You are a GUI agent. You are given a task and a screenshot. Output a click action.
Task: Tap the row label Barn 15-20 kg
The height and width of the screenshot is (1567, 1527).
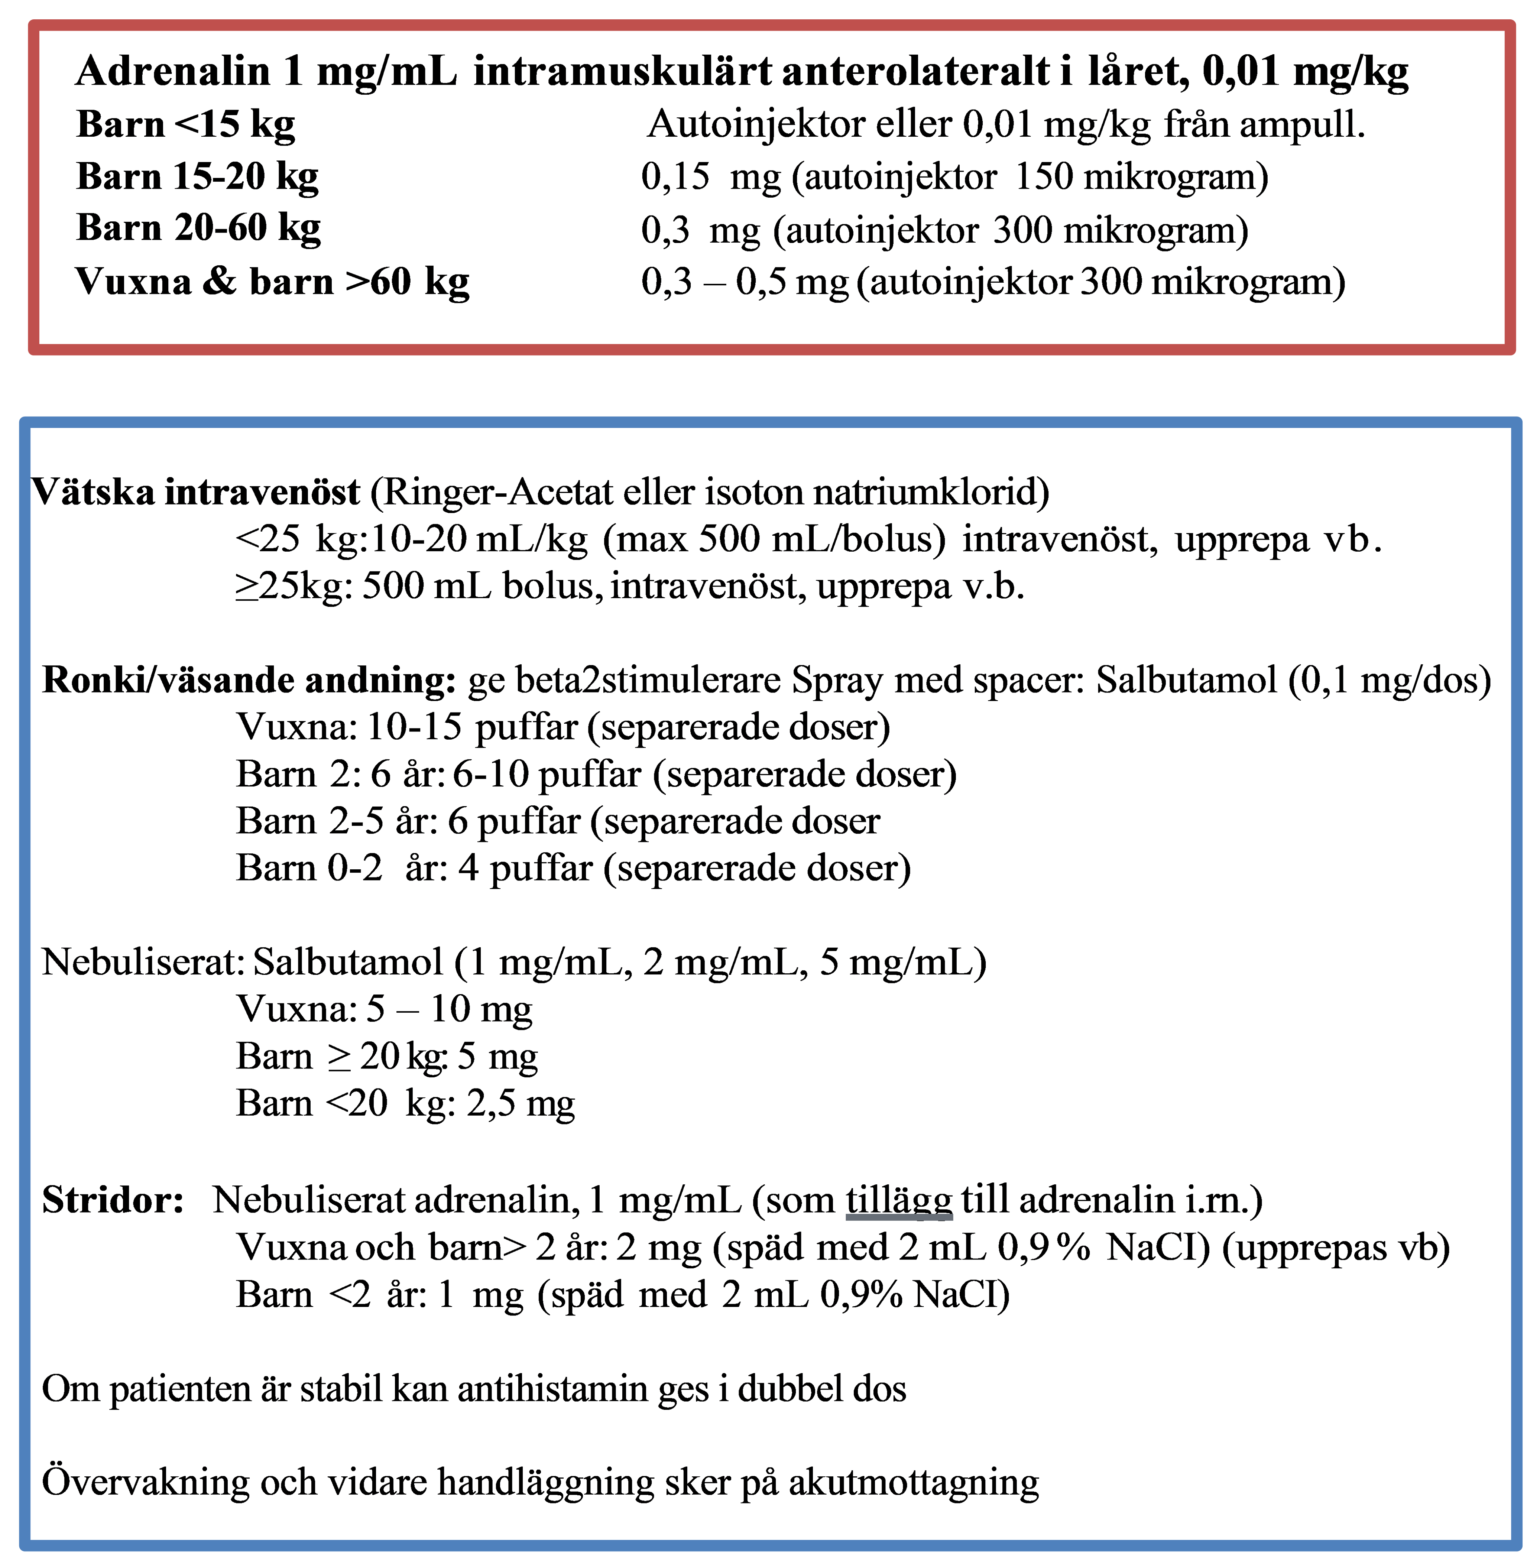(x=197, y=176)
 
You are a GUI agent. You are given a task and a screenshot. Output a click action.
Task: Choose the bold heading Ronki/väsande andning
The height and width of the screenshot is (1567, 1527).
(x=249, y=680)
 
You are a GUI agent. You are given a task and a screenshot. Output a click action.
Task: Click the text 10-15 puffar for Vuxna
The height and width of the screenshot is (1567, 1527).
(x=471, y=727)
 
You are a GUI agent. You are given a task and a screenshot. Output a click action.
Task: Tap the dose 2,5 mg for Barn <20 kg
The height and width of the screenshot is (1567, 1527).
(x=521, y=1103)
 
